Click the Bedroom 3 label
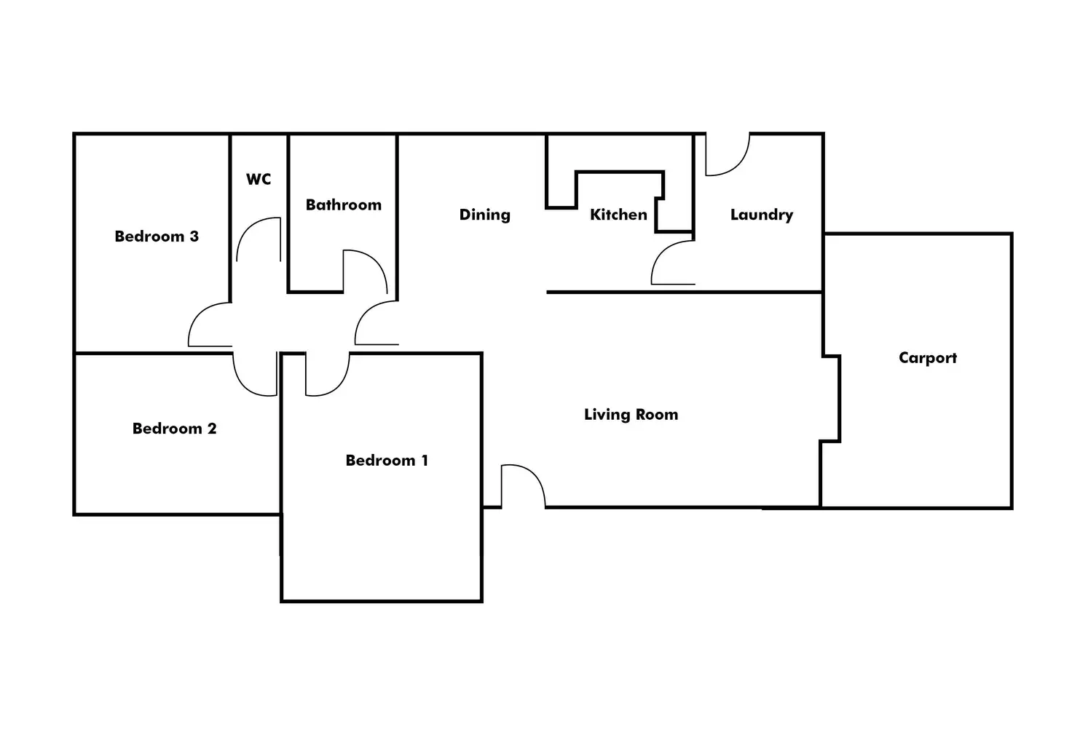[x=157, y=236]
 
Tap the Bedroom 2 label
[x=174, y=429]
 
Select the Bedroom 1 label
[x=387, y=461]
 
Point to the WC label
[x=259, y=179]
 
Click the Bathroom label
[x=343, y=205]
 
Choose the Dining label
[x=484, y=215]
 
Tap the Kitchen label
[x=618, y=215]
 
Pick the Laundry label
[x=761, y=215]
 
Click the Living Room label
[x=631, y=415]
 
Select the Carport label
[x=927, y=358]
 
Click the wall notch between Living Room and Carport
[x=832, y=399]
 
